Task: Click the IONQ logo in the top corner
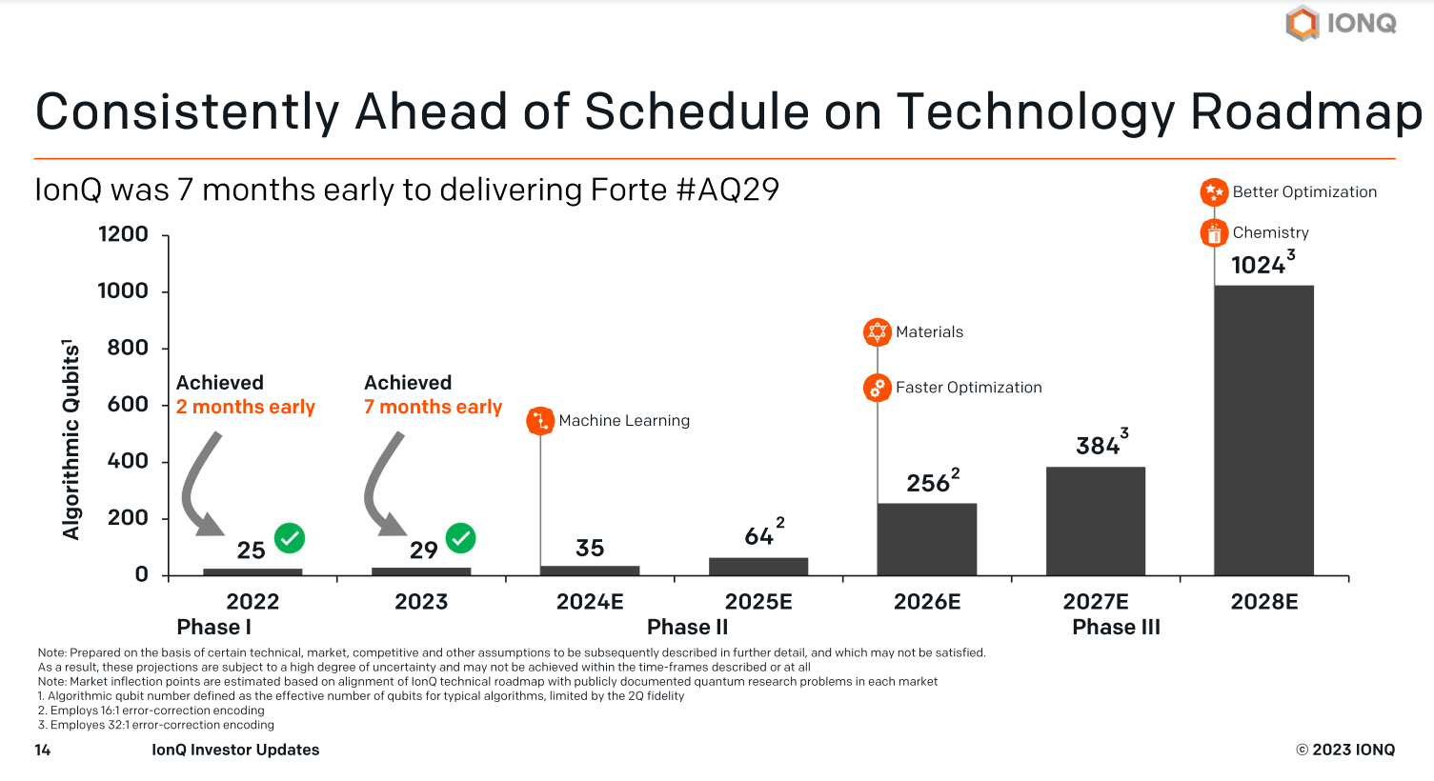[1341, 23]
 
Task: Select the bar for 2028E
[1263, 431]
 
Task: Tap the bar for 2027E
[1096, 521]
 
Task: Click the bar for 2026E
[927, 539]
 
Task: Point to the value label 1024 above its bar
[1259, 265]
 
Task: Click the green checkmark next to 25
[290, 538]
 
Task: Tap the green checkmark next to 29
[461, 538]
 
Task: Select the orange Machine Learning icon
[540, 421]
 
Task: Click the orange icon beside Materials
[877, 332]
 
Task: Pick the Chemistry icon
[1214, 232]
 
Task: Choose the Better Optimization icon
[1214, 192]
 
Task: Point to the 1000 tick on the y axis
[123, 291]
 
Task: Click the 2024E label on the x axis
[590, 602]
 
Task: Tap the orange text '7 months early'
[433, 408]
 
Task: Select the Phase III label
[1116, 628]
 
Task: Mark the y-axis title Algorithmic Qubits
[71, 440]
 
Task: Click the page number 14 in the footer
[43, 751]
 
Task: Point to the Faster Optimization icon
[877, 388]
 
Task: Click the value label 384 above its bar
[1098, 446]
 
